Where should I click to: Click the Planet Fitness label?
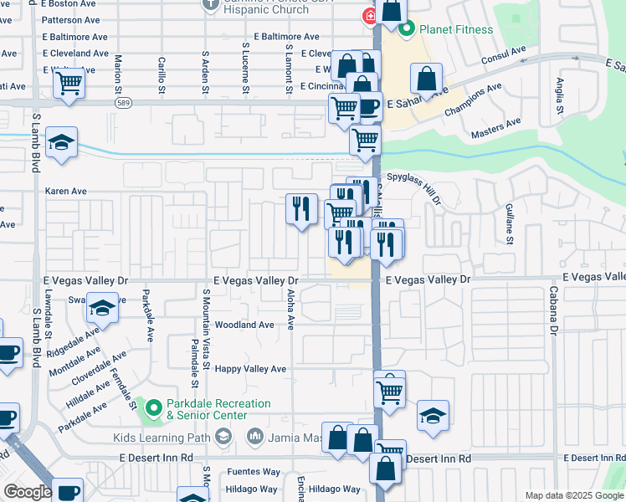click(457, 30)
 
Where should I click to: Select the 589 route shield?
click(123, 101)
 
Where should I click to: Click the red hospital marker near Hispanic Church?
click(367, 17)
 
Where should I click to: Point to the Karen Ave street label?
click(66, 191)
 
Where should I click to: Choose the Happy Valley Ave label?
click(250, 369)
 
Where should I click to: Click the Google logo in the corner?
click(28, 492)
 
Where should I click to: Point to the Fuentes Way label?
click(252, 473)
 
